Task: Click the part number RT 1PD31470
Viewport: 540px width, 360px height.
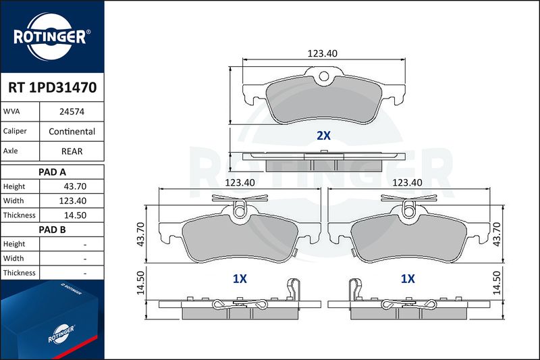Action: (x=53, y=88)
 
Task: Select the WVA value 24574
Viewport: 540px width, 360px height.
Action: (x=72, y=111)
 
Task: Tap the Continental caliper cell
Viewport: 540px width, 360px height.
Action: (x=72, y=131)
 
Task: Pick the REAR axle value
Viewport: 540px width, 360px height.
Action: (x=72, y=151)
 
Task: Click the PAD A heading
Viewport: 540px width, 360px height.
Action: (x=53, y=172)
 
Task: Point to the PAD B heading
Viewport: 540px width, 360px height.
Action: (x=53, y=230)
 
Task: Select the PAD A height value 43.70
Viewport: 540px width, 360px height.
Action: (x=75, y=186)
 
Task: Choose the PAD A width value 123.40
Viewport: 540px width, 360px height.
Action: (x=73, y=201)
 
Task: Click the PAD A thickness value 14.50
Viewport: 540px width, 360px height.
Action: (x=75, y=215)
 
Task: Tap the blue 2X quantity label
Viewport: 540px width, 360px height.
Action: (x=323, y=136)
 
